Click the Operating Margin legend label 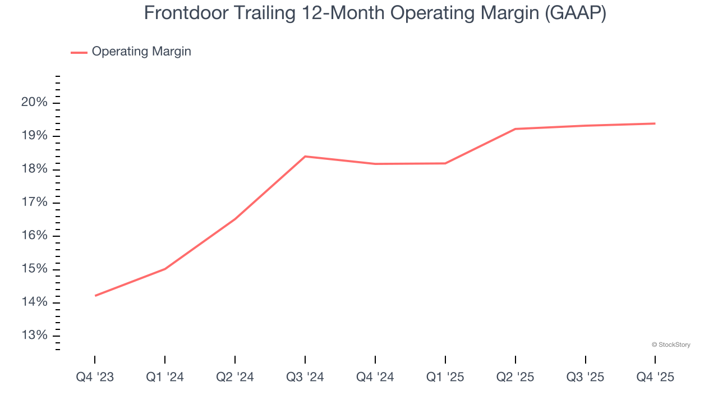coord(141,52)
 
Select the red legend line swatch coord(79,52)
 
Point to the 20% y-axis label coord(35,103)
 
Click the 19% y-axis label coord(35,136)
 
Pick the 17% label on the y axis coord(35,203)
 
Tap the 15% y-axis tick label coord(35,269)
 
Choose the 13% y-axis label coord(35,336)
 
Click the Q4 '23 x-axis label coord(95,378)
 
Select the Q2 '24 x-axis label coord(235,378)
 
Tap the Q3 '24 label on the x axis coord(305,378)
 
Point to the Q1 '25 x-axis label coord(445,378)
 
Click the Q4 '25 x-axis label coord(655,378)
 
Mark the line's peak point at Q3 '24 coord(305,157)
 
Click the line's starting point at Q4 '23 coord(95,296)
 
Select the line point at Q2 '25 coord(516,129)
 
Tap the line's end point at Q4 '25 coord(655,123)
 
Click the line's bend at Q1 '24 coord(165,269)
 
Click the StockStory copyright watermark coord(671,345)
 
